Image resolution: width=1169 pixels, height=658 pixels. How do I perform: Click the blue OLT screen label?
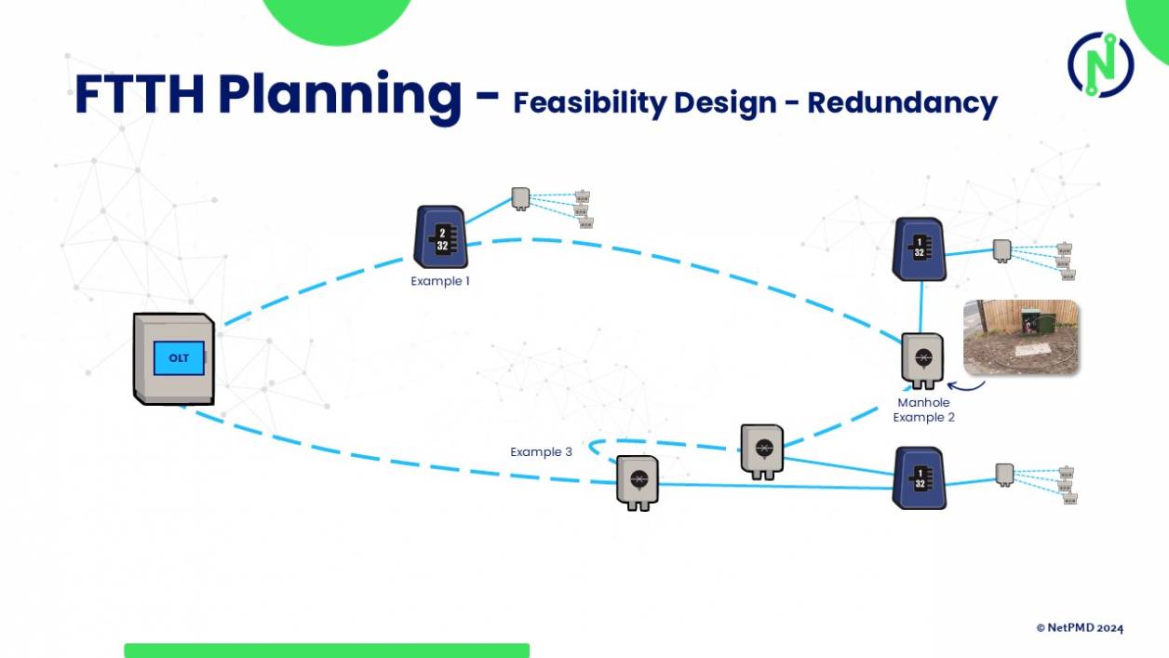pos(179,358)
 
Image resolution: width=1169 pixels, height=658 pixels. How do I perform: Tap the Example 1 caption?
pos(440,280)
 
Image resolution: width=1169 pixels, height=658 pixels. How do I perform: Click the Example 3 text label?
pos(541,452)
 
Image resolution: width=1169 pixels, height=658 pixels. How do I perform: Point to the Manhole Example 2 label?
pos(923,410)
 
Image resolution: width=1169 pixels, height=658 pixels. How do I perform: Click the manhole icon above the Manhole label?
pos(922,360)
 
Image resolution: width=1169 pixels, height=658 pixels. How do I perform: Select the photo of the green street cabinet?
pos(1020,337)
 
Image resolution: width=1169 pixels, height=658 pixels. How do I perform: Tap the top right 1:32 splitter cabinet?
pos(920,248)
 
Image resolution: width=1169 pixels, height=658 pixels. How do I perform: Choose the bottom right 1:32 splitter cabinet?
pos(920,477)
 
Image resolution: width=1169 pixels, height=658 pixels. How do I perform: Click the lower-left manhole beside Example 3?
pos(638,482)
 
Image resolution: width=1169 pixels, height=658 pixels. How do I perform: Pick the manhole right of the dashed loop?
pos(762,450)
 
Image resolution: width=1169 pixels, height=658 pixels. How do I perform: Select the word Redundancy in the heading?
pos(902,102)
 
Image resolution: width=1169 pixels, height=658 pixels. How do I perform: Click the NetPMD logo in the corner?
pos(1100,64)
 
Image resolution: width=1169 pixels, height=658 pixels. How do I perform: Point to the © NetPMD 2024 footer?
pos(1080,628)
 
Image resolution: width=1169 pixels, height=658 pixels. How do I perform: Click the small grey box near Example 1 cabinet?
pos(520,197)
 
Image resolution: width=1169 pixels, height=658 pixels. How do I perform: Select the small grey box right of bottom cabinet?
pos(1003,473)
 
